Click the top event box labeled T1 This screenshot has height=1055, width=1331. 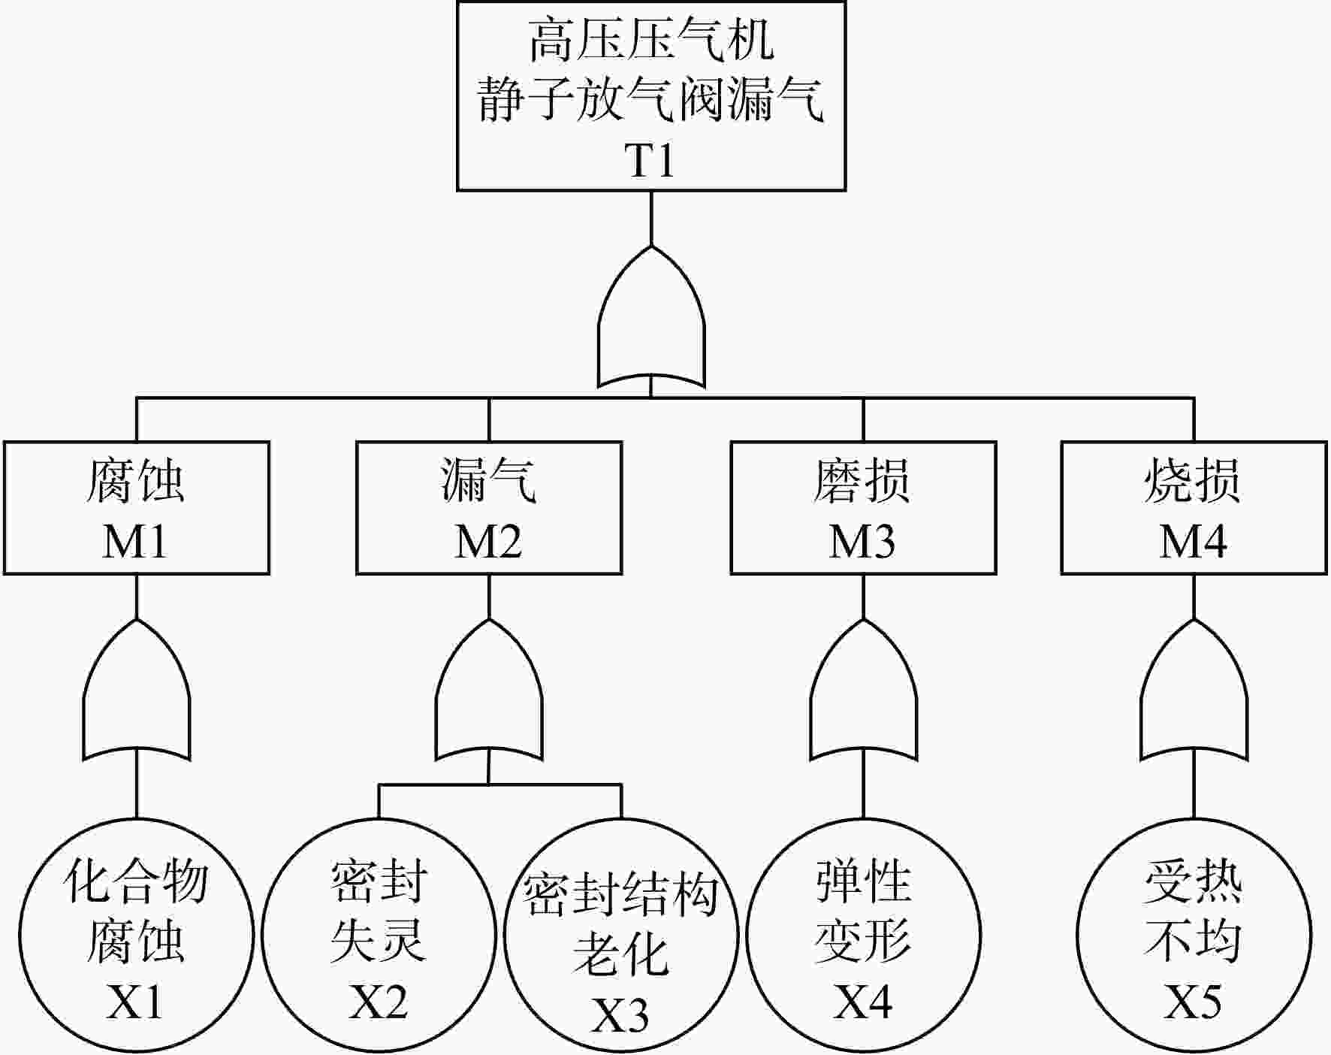(651, 95)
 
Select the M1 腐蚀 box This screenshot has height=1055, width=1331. (137, 508)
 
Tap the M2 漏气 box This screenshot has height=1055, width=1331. (489, 508)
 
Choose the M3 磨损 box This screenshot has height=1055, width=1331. (863, 508)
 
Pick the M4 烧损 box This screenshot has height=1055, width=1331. (1194, 508)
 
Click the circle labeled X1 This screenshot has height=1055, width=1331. (136, 936)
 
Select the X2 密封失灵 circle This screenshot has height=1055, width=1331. (379, 936)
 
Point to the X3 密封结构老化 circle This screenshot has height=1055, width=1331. (621, 936)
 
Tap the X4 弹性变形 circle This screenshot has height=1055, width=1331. (863, 936)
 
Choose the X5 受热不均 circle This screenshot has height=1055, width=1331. (1194, 936)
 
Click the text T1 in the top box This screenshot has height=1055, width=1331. (650, 160)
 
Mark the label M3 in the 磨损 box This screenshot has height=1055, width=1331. (862, 541)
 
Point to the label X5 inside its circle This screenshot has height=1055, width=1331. (1193, 1002)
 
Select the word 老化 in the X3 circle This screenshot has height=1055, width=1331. (620, 954)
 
